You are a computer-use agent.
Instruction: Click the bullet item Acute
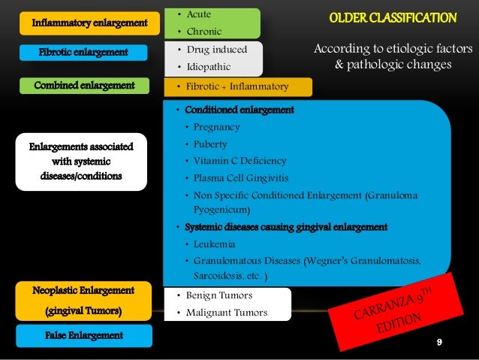199,14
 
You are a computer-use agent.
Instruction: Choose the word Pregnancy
216,127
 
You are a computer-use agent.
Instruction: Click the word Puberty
210,144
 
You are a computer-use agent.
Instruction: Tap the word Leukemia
214,244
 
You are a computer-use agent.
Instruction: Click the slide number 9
439,343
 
